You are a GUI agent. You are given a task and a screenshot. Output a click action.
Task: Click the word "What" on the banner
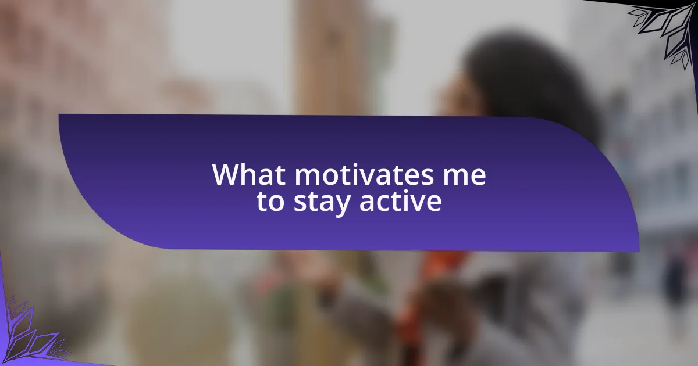tap(249, 174)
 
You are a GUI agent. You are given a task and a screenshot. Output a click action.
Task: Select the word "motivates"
tap(364, 175)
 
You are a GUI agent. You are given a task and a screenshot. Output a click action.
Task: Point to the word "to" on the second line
tap(270, 202)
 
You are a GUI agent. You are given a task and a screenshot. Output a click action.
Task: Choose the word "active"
tap(401, 202)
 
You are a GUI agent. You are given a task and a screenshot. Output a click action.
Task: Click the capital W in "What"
tap(226, 175)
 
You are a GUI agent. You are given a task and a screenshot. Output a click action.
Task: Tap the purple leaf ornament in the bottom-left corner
tap(28, 333)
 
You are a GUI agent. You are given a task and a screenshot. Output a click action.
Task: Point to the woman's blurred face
tap(461, 96)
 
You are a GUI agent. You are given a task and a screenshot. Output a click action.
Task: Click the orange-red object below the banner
tap(443, 264)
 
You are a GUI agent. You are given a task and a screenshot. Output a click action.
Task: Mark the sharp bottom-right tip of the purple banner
tap(639, 251)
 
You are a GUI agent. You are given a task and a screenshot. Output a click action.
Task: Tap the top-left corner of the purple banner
tap(59, 114)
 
